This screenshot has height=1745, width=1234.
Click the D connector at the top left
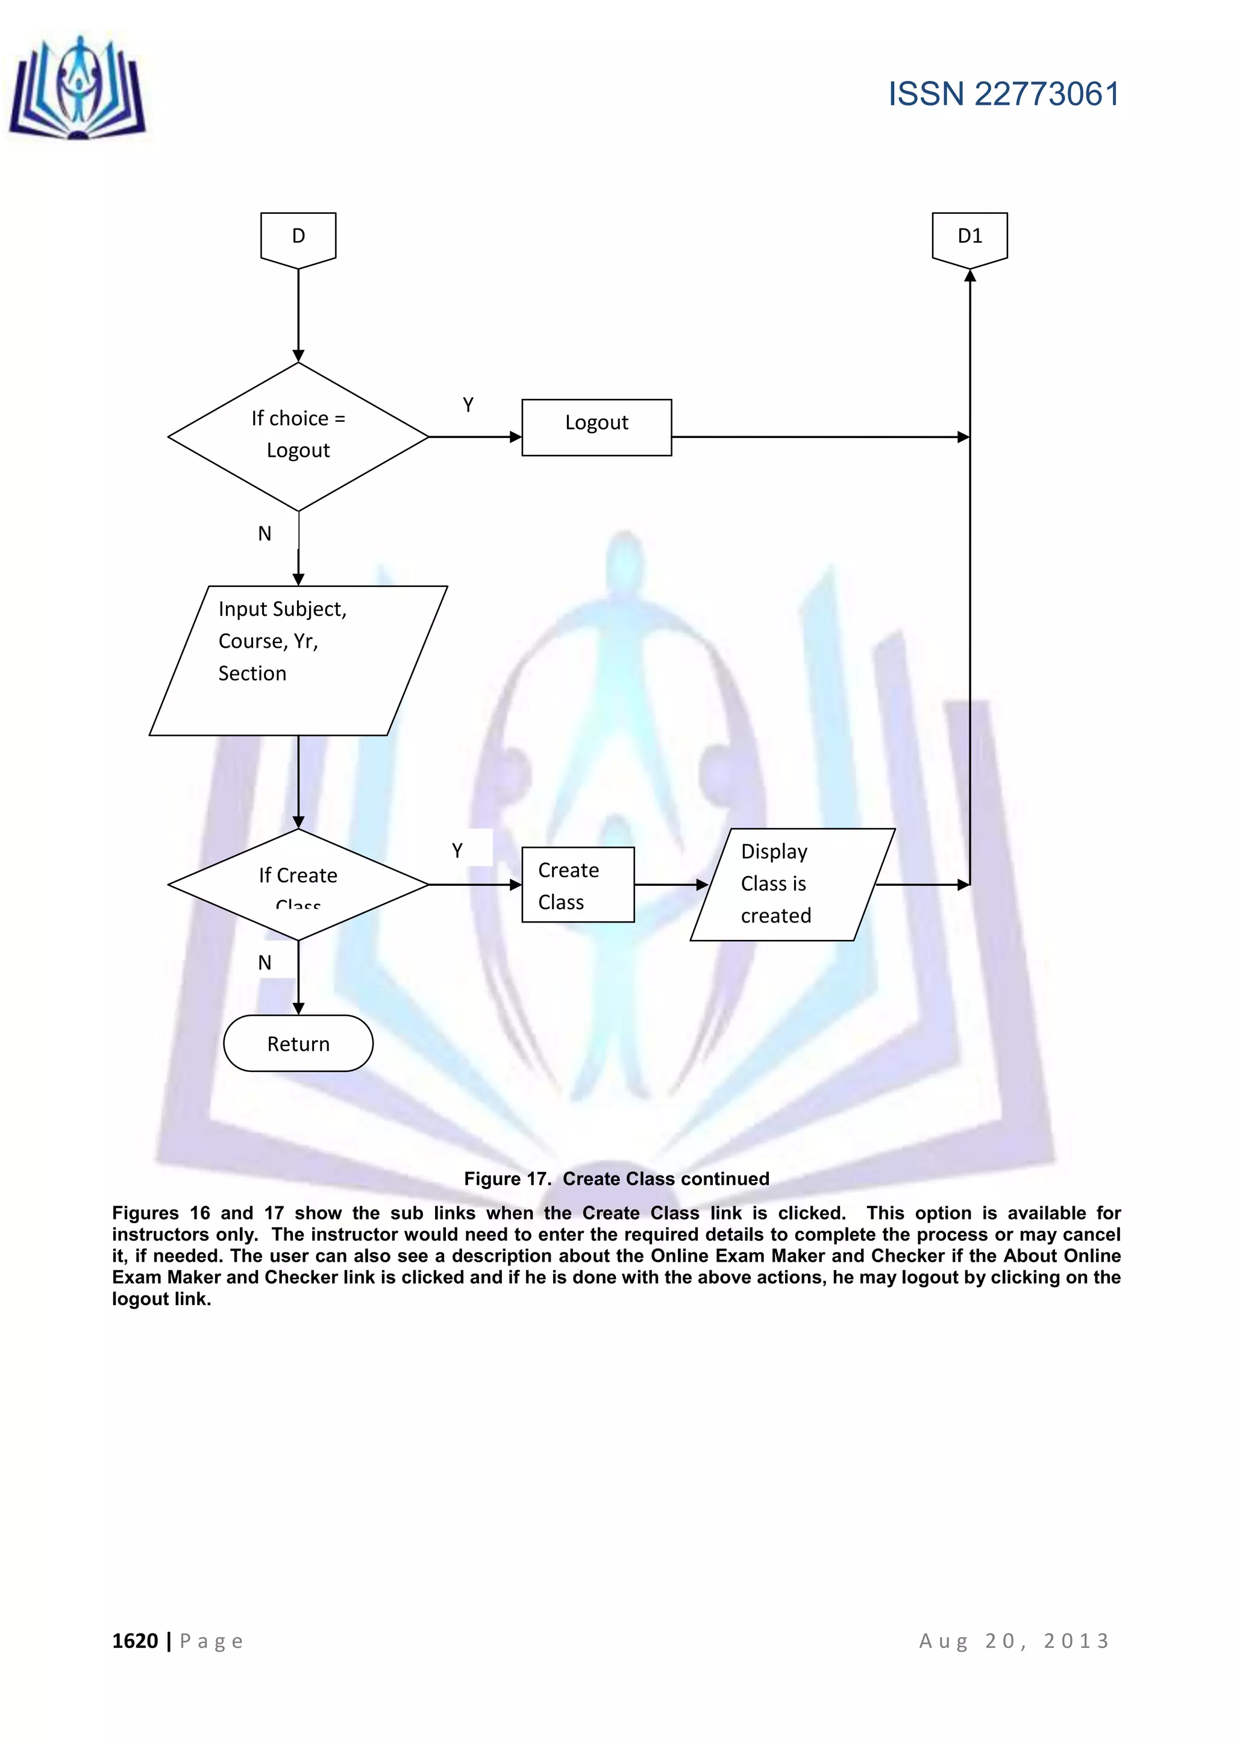tap(298, 238)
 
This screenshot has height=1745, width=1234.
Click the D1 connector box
tap(969, 238)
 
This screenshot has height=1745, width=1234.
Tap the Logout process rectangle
tap(597, 427)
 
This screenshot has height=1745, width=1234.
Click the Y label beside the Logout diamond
tap(468, 405)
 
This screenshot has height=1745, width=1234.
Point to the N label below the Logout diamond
tap(265, 533)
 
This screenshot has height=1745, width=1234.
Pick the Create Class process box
tap(577, 885)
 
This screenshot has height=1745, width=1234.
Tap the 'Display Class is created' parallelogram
tap(792, 884)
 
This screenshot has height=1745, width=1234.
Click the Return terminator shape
tap(298, 1043)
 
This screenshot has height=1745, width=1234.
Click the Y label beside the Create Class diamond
tap(457, 850)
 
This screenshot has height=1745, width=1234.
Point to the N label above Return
tap(265, 962)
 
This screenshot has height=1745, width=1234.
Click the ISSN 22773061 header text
tap(1003, 94)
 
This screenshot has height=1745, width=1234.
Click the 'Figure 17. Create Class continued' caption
tap(616, 1178)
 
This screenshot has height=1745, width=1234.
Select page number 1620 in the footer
tap(135, 1641)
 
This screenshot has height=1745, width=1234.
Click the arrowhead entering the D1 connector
tap(969, 276)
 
